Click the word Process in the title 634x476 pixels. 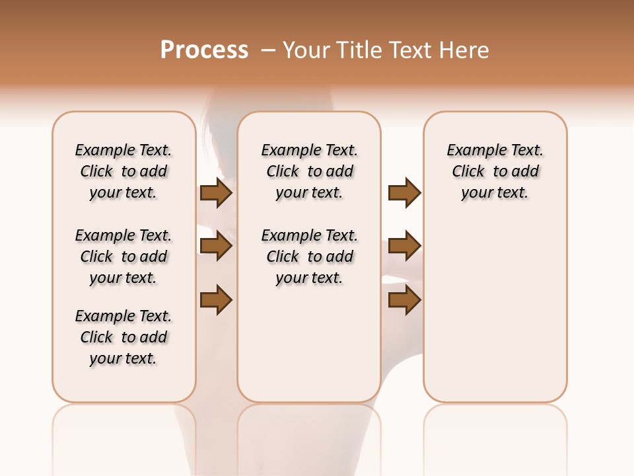coord(204,50)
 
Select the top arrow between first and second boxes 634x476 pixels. coord(216,193)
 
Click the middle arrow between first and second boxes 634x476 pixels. coord(216,247)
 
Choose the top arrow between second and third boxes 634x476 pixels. coord(404,193)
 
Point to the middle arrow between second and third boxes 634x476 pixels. coord(404,247)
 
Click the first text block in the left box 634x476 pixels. coord(123,171)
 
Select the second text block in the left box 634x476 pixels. coord(123,257)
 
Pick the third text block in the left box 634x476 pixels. coord(123,337)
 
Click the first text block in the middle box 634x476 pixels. coord(310,171)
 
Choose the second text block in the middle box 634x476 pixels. coord(310,257)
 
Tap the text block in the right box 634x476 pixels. coord(495,171)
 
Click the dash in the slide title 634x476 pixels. coord(267,50)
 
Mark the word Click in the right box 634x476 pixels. coord(468,172)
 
